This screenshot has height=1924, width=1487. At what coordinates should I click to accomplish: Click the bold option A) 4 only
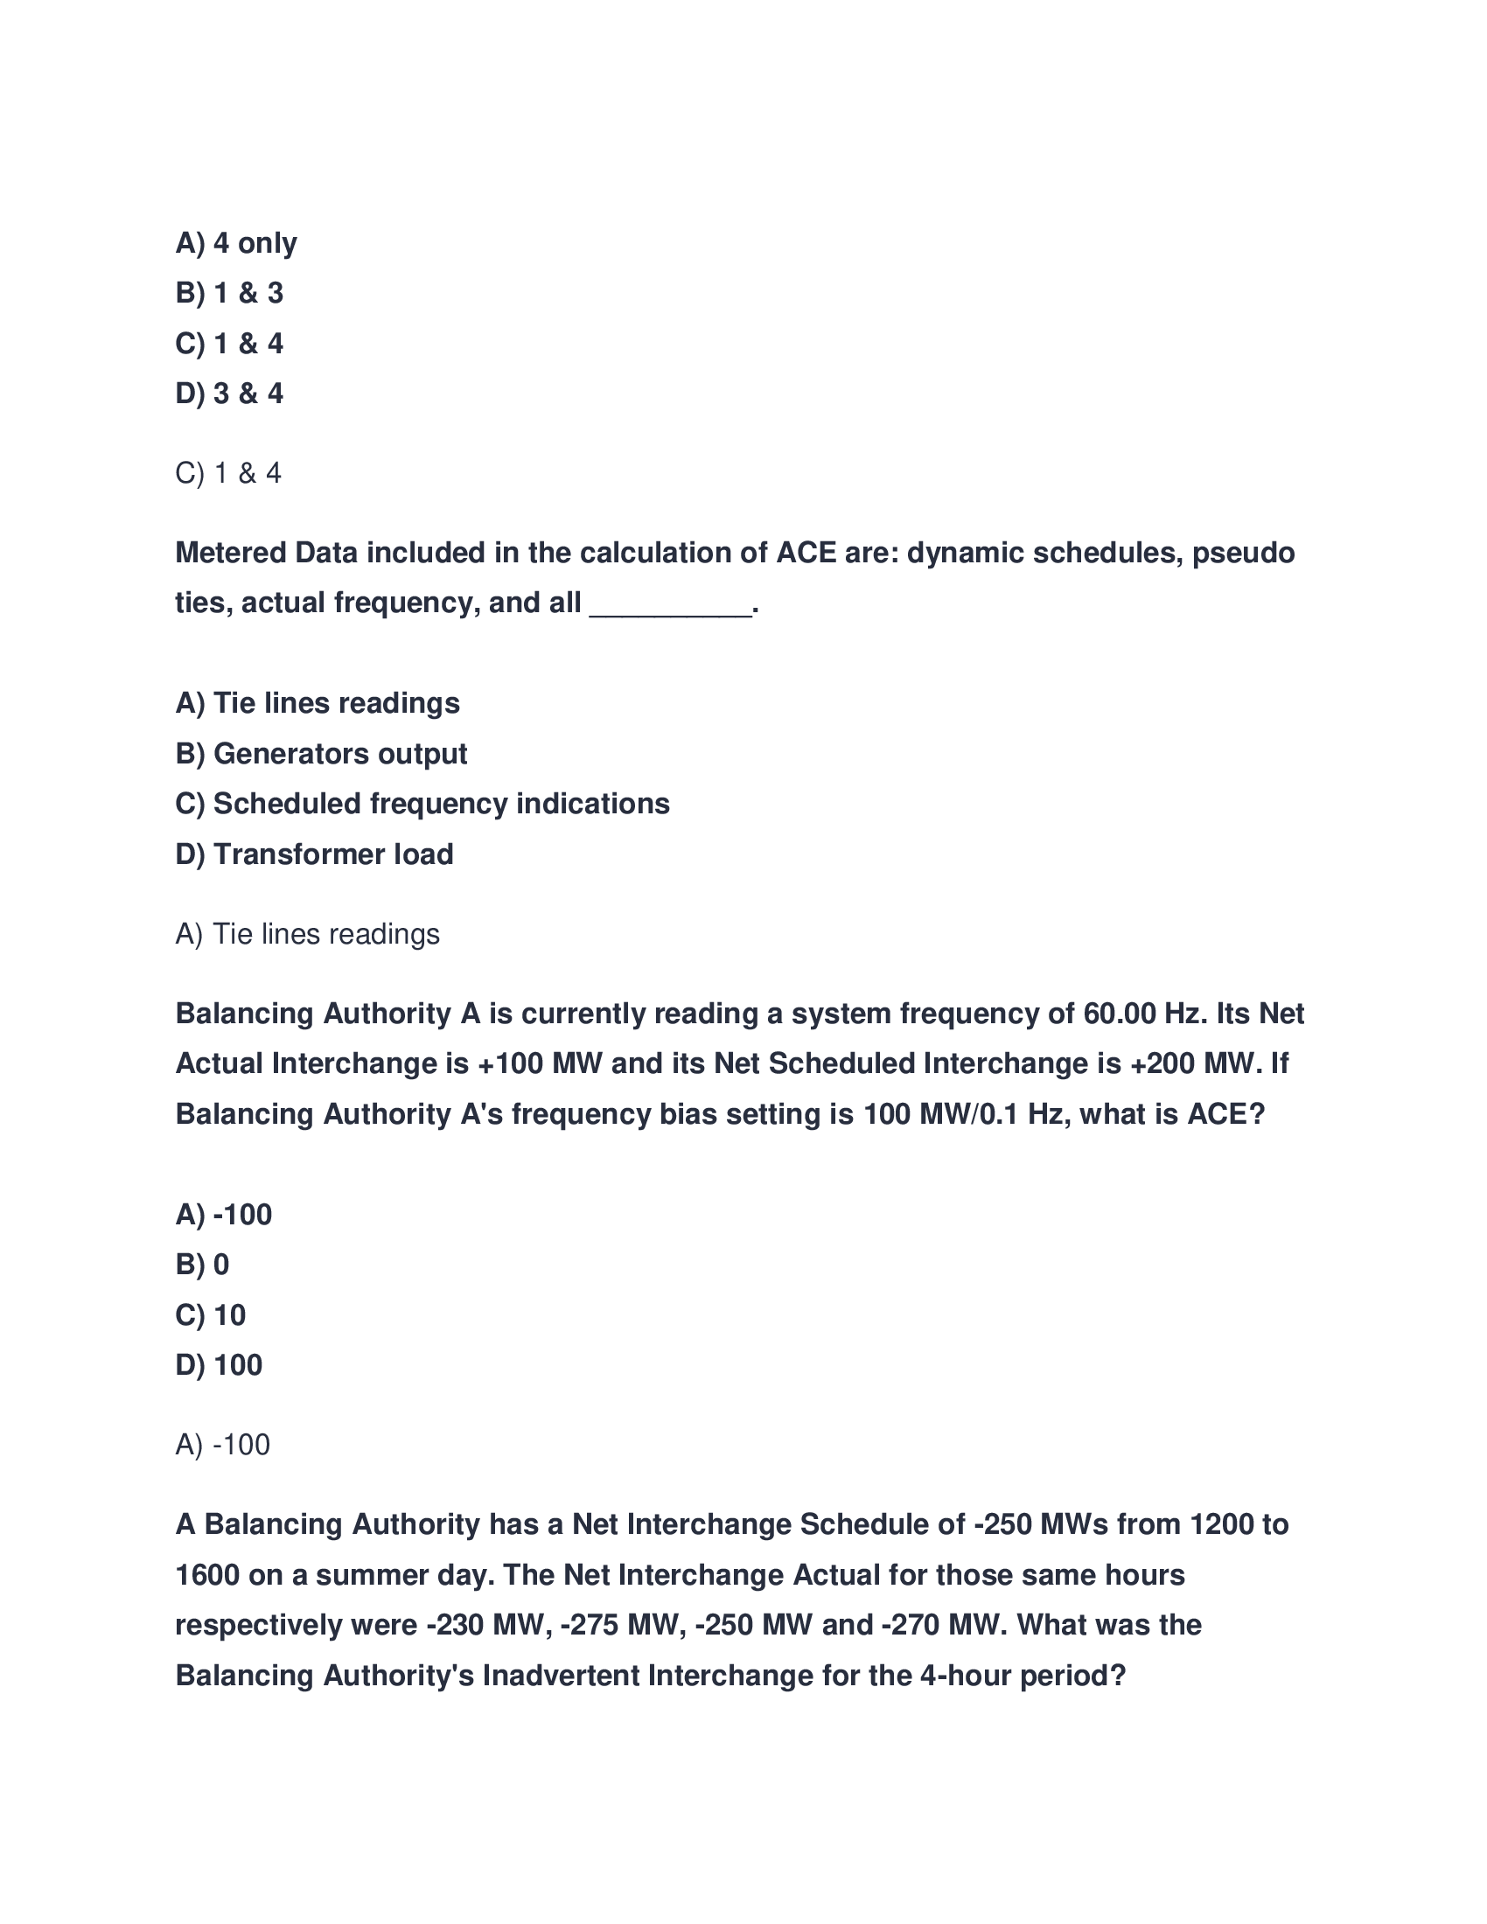tap(236, 243)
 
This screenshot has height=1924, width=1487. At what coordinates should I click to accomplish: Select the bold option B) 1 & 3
tap(229, 293)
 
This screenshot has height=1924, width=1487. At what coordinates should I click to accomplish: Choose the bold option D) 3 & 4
tap(229, 394)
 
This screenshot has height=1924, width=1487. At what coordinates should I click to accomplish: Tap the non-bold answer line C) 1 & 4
tap(228, 474)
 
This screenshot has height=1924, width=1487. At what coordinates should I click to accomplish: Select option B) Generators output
tap(321, 754)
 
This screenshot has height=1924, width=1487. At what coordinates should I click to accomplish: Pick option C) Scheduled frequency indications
tap(422, 805)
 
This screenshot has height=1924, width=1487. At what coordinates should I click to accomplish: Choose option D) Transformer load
tap(314, 854)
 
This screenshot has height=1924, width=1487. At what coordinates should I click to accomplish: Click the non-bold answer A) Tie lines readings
tap(307, 935)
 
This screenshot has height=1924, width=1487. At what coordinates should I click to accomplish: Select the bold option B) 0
tap(203, 1265)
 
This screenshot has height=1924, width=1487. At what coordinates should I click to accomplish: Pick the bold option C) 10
tap(211, 1315)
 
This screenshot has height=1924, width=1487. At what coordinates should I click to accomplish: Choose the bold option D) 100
tap(219, 1365)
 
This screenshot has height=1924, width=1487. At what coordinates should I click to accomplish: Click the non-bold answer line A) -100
tap(223, 1446)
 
